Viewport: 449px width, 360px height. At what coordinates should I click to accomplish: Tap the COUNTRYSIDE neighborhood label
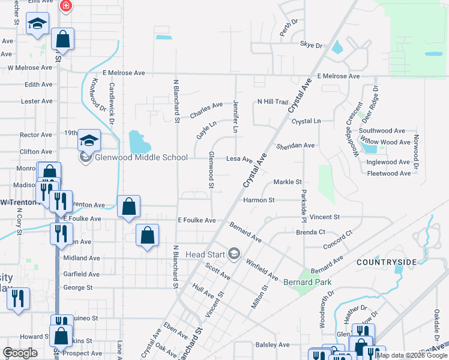(x=386, y=262)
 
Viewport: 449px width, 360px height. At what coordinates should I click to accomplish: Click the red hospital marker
(x=66, y=6)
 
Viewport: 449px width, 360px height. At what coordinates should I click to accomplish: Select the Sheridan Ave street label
(x=295, y=146)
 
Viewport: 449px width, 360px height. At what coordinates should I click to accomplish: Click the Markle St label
(x=287, y=182)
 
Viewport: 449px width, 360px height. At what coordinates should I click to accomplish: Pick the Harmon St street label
(x=259, y=200)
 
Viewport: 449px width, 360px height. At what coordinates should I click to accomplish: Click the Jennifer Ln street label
(x=235, y=117)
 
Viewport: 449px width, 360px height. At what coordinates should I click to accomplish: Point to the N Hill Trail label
(x=273, y=102)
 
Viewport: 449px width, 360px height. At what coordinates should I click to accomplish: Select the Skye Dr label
(x=311, y=45)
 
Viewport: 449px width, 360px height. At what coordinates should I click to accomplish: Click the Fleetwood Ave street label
(x=388, y=173)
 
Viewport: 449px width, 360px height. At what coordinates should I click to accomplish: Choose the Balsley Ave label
(x=273, y=344)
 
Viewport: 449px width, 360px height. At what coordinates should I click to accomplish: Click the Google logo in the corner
(x=20, y=353)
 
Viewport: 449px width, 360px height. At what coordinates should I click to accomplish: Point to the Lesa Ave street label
(x=239, y=159)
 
